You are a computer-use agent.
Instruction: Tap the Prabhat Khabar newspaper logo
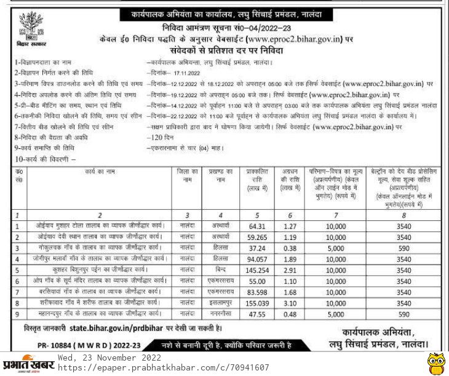click(x=27, y=363)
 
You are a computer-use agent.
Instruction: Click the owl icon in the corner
click(x=435, y=362)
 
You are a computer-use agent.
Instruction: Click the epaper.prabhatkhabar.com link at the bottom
click(x=164, y=367)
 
